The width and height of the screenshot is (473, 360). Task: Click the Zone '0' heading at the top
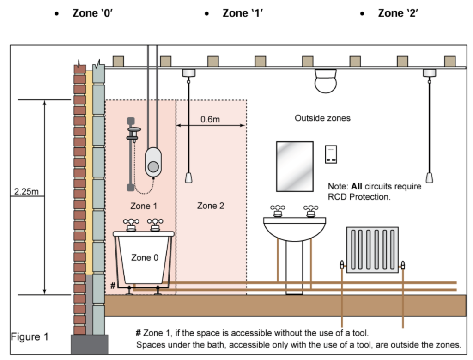93,13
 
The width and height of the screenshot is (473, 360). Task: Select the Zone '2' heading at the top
398,13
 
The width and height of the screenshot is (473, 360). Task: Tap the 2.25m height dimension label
27,191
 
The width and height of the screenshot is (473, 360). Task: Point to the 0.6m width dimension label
210,119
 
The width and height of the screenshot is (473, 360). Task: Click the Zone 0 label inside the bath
144,257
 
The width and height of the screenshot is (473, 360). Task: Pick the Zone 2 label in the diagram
211,206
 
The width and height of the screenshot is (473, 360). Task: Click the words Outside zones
322,118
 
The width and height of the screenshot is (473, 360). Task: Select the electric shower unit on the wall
154,163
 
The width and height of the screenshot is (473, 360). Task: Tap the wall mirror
295,166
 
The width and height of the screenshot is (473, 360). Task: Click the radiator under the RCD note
372,250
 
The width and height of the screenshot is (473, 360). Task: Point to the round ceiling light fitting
326,82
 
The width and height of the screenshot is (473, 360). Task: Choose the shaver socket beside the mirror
332,154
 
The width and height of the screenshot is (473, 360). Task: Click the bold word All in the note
357,186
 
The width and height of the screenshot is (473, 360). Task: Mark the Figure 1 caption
30,336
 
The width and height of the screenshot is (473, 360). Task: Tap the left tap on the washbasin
277,211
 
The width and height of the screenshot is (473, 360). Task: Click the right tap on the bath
154,225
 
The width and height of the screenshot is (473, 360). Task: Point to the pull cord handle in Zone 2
188,177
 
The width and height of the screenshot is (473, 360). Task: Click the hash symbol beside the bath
113,286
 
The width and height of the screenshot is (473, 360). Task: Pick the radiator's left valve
342,265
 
